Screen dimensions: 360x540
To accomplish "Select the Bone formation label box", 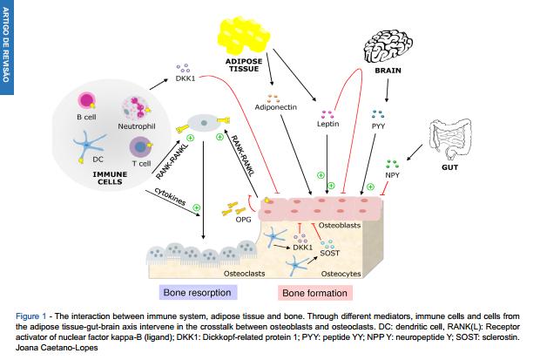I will pyautogui.click(x=316, y=294).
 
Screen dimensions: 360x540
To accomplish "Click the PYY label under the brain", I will pyautogui.click(x=378, y=126).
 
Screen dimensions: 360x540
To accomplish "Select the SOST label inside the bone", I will pyautogui.click(x=329, y=254).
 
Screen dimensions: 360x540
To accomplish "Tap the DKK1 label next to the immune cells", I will pyautogui.click(x=185, y=78).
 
